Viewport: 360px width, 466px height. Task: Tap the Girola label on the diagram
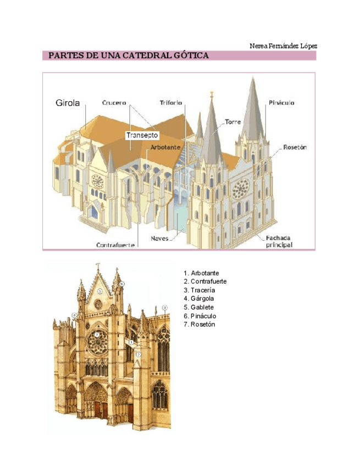68,102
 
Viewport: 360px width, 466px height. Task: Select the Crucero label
114,103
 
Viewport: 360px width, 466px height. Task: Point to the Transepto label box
142,135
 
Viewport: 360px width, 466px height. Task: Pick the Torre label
233,121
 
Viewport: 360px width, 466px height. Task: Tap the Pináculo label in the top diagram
282,103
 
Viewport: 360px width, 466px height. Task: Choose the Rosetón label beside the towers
295,147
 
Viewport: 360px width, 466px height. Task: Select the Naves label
159,238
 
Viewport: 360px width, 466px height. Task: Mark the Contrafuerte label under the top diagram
115,245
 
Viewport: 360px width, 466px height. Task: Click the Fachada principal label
279,241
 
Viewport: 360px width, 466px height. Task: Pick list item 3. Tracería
200,290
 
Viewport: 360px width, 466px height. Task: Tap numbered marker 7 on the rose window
97,334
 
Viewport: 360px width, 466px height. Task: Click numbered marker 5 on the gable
99,291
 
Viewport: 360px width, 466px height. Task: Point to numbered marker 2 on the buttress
139,354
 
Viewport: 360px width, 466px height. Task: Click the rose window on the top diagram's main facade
240,189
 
